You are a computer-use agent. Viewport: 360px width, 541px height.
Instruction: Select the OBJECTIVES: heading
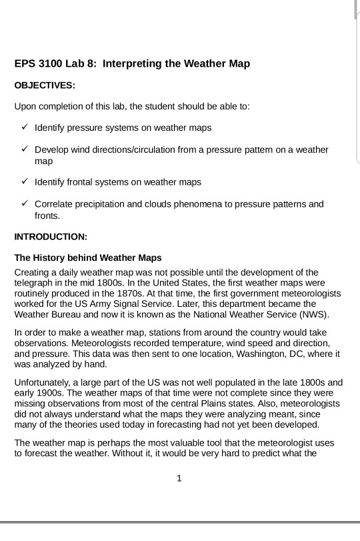45,85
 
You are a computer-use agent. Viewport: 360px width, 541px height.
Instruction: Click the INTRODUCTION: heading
51,236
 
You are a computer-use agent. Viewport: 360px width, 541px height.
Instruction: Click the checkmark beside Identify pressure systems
24,127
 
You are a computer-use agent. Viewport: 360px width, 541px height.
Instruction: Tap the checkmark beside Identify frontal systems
24,181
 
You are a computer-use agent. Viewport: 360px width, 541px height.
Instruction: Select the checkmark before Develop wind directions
24,149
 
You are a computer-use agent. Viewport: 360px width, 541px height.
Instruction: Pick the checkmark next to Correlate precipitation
24,203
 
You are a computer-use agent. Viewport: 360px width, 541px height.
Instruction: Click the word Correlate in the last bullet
53,204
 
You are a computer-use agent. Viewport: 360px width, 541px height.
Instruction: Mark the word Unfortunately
43,383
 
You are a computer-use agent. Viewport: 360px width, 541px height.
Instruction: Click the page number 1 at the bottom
179,478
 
